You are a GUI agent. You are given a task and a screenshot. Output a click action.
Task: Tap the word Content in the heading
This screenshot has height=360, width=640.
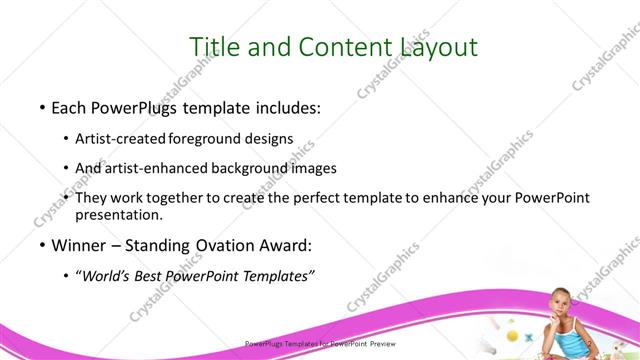coord(318,47)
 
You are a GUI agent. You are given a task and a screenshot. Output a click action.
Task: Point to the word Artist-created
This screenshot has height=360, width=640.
coord(121,138)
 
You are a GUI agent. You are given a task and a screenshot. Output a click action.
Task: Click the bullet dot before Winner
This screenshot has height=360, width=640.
coord(41,245)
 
